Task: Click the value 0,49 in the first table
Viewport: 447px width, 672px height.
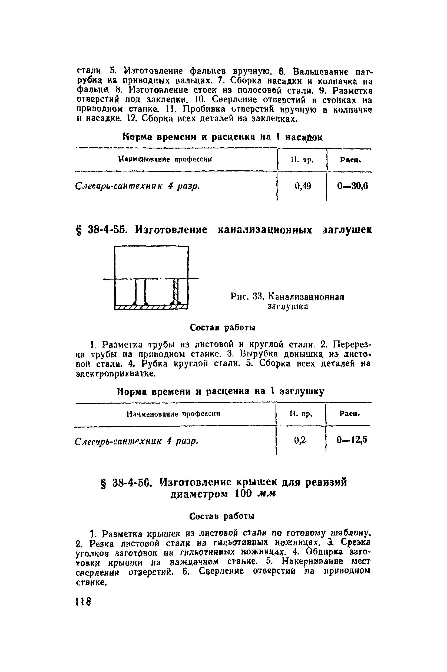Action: (x=303, y=186)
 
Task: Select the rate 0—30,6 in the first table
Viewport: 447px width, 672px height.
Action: (x=353, y=186)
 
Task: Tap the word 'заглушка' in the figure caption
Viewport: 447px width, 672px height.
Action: (x=288, y=307)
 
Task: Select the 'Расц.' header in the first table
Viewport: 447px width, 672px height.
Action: (x=350, y=160)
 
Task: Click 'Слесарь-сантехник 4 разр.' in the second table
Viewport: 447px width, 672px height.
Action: (x=137, y=441)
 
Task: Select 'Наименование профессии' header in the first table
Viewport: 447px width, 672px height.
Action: (x=165, y=159)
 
